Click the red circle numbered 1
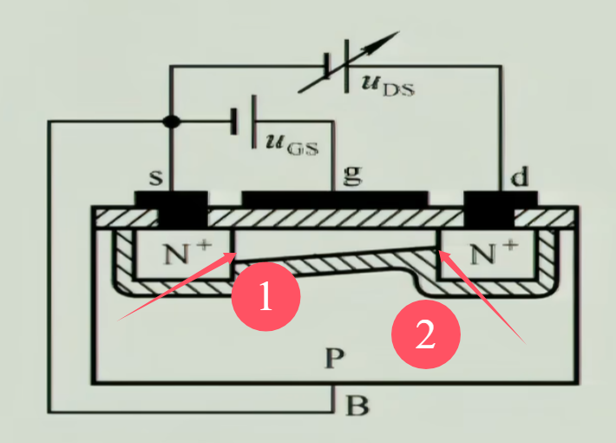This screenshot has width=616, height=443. click(266, 298)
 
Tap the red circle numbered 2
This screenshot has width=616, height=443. click(425, 335)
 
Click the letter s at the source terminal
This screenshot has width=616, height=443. click(155, 179)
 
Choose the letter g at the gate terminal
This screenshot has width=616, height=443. click(351, 177)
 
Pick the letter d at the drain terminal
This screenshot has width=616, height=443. click(519, 179)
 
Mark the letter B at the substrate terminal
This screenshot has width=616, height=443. click(354, 405)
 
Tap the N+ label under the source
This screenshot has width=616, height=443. click(187, 253)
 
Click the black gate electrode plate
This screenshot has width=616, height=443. click(335, 199)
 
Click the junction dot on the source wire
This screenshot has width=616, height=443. click(172, 121)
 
